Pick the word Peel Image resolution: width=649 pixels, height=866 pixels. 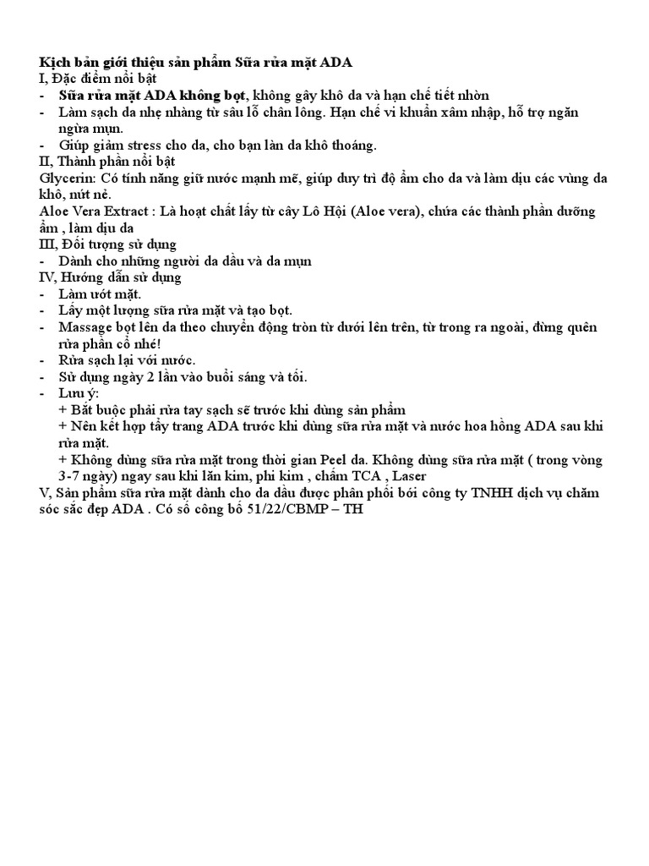336,460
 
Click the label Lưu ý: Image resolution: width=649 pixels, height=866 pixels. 79,393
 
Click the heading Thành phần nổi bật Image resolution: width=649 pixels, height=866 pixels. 114,162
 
